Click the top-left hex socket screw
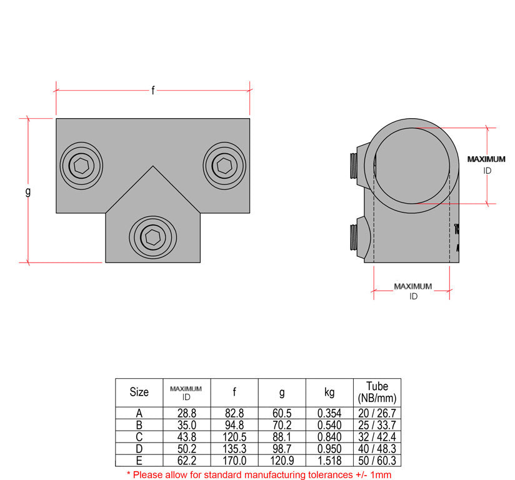point(81,166)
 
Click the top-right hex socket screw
point(224,165)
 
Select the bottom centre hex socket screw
point(152,236)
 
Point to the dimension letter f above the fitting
point(153,91)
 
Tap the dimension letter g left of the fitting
point(27,191)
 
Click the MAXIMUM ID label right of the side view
point(486,164)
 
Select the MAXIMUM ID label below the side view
point(412,291)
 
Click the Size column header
point(139,392)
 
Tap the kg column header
point(329,392)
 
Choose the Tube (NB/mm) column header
point(377,392)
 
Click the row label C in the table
point(139,437)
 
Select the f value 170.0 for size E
point(234,461)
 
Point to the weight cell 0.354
point(329,413)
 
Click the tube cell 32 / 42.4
point(377,437)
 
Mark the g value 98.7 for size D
point(282,449)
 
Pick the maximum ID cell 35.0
point(186,425)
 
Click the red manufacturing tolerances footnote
point(259,474)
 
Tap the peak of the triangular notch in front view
point(152,166)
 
